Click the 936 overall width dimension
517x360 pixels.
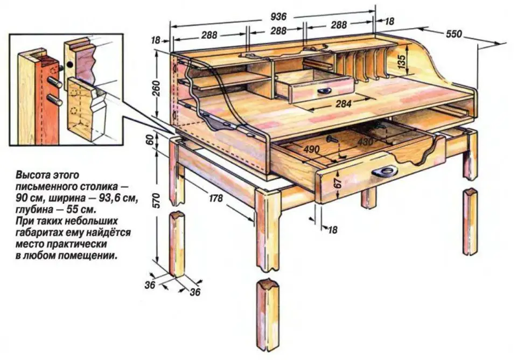(278, 17)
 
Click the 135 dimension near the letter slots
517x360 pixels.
(401, 61)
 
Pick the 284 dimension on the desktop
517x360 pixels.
(344, 104)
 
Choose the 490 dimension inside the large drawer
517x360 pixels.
(311, 150)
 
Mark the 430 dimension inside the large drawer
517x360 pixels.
(365, 142)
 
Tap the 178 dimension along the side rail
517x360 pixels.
(215, 198)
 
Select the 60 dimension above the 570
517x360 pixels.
(150, 140)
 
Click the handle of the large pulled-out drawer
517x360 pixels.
(385, 171)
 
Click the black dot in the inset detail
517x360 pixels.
(70, 65)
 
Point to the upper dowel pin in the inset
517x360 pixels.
(54, 83)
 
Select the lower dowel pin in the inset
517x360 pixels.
(55, 100)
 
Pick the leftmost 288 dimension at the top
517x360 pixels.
(209, 35)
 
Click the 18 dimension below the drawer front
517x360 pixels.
(333, 229)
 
